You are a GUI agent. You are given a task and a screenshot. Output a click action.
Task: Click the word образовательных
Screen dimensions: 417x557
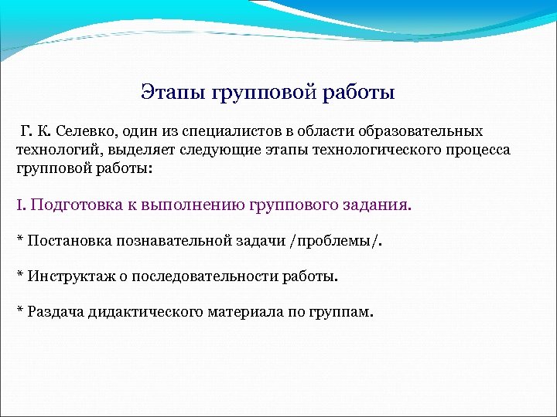pyautogui.click(x=427, y=132)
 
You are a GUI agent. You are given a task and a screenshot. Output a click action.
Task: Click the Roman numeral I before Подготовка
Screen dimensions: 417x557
pyautogui.click(x=19, y=205)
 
